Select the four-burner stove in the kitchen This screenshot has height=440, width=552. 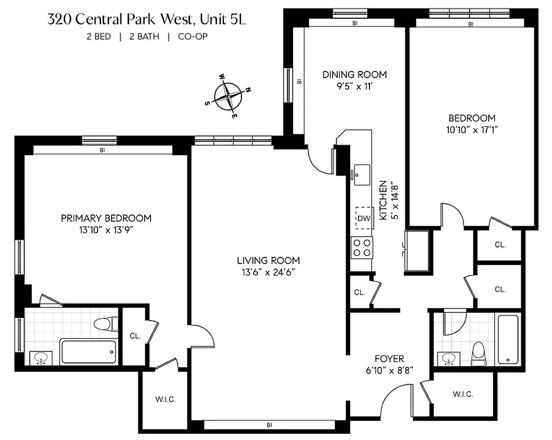[x=362, y=248]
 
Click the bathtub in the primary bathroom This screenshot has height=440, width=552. [x=89, y=351]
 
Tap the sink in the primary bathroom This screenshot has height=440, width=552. [x=40, y=359]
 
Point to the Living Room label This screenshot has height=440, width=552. [x=268, y=261]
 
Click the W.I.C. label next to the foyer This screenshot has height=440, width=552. [x=463, y=394]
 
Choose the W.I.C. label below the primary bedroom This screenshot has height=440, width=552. [x=165, y=400]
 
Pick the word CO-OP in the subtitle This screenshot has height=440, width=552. [x=192, y=37]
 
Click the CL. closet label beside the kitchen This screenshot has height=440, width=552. [x=360, y=293]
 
